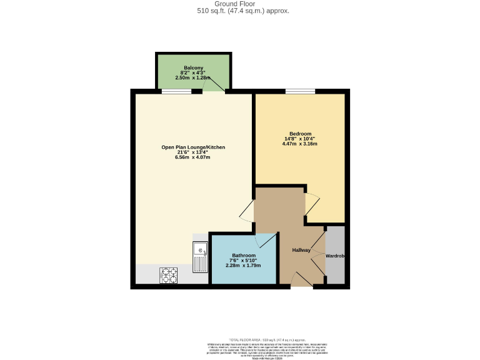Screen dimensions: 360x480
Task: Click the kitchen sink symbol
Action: point(201,257)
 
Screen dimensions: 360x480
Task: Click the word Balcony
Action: point(194,67)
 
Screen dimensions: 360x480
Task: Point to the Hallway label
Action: point(301,250)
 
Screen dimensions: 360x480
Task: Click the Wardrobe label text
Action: point(335,256)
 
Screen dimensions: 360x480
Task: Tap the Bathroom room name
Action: point(244,256)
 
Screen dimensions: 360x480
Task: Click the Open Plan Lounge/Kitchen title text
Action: point(193,147)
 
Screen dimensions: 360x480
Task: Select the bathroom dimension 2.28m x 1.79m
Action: point(243,266)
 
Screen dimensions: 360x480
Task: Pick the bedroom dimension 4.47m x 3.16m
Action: point(300,144)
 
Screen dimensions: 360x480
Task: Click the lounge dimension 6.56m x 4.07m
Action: point(193,157)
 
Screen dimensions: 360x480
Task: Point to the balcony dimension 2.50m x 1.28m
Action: point(193,77)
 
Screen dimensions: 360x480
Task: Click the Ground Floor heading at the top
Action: point(239,4)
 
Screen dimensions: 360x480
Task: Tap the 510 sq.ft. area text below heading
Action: point(239,11)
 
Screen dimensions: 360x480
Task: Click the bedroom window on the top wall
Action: point(301,92)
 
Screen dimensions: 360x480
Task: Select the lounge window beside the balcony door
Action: point(176,92)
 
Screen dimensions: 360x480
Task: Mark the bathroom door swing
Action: point(265,241)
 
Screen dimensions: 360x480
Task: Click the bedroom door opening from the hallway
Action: point(311,205)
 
